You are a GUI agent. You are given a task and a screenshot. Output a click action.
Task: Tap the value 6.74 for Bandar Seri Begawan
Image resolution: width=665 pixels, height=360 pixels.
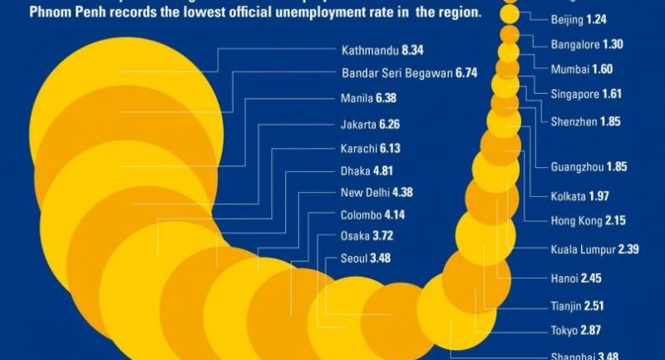[465, 73]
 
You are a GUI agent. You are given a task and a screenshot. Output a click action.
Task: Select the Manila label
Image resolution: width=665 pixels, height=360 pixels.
[357, 98]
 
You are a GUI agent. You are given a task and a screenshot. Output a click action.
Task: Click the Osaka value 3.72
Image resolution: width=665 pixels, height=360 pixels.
[376, 236]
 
